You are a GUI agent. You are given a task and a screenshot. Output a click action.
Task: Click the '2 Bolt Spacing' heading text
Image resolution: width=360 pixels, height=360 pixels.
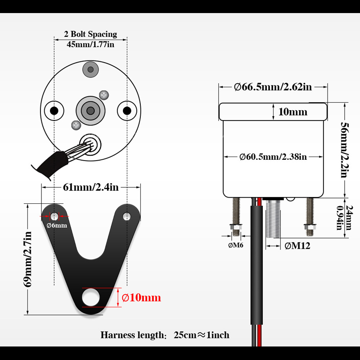point(90,34)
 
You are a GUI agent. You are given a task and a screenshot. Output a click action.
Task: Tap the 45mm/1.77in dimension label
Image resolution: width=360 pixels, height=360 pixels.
point(90,44)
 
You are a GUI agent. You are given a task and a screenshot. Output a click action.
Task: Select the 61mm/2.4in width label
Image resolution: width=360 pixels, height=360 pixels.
point(91,187)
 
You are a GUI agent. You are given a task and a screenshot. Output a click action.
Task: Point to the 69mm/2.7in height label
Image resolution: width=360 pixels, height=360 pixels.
point(27,259)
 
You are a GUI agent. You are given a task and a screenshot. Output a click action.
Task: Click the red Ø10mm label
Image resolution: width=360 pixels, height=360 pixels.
point(141,297)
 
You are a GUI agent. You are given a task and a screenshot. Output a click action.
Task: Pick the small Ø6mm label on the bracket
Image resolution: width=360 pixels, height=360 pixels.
point(57,225)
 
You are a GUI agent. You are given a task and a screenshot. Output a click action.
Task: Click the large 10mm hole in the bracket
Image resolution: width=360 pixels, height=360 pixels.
point(91,297)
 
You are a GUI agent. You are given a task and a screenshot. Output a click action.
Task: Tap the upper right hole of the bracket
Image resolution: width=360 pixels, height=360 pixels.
point(127,216)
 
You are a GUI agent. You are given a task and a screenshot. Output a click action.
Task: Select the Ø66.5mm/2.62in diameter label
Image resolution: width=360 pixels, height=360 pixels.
point(273,87)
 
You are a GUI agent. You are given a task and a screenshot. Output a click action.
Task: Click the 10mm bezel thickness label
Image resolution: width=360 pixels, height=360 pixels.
point(293,112)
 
